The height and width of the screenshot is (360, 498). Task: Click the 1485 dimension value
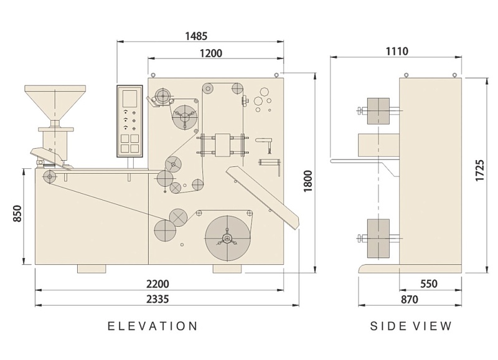pos(196,36)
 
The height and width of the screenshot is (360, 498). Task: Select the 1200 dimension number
pos(211,53)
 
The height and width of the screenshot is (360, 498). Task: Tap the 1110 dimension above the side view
pos(397,51)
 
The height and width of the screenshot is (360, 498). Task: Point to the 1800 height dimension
pos(308,181)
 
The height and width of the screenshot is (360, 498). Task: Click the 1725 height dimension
pos(479,171)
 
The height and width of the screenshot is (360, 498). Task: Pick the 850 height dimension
pos(17,214)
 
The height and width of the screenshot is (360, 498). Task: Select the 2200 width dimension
pos(157,284)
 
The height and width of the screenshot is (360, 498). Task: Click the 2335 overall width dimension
pos(157,299)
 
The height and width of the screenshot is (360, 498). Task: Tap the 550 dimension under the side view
pos(429,284)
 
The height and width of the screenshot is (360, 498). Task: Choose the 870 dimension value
pos(410,300)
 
